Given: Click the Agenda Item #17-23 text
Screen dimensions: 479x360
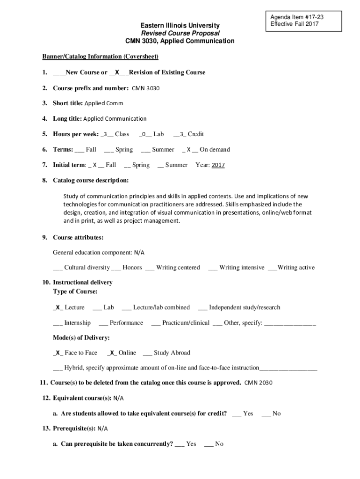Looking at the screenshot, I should pyautogui.click(x=297, y=17).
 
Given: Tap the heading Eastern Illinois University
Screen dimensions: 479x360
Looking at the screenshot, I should pyautogui.click(x=180, y=25).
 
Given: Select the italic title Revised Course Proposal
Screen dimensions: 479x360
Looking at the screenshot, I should pyautogui.click(x=180, y=33).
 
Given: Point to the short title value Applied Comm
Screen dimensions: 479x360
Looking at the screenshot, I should pyautogui.click(x=104, y=103).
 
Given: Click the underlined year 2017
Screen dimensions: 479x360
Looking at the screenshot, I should pyautogui.click(x=218, y=165).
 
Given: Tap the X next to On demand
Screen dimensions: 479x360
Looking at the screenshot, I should pyautogui.click(x=189, y=150).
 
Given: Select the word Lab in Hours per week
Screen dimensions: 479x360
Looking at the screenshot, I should pyautogui.click(x=158, y=134).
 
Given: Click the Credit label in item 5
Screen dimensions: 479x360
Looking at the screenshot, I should pyautogui.click(x=196, y=134).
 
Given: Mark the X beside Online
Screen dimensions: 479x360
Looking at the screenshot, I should pyautogui.click(x=112, y=353).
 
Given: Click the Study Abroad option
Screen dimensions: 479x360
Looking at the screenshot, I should pyautogui.click(x=172, y=353).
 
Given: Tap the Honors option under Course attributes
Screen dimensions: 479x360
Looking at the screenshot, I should pyautogui.click(x=132, y=268).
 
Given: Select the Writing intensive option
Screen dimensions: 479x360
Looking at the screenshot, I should pyautogui.click(x=241, y=268).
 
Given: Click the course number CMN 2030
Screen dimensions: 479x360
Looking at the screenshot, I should pyautogui.click(x=258, y=383).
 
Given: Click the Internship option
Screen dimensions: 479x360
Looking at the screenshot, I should pyautogui.click(x=77, y=323).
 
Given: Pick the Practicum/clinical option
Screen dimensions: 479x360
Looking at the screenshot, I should pyautogui.click(x=186, y=323).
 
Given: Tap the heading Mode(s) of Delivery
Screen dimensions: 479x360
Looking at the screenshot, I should pyautogui.click(x=81, y=338).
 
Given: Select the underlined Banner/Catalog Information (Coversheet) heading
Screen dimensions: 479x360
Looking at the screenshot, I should pyautogui.click(x=101, y=57).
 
